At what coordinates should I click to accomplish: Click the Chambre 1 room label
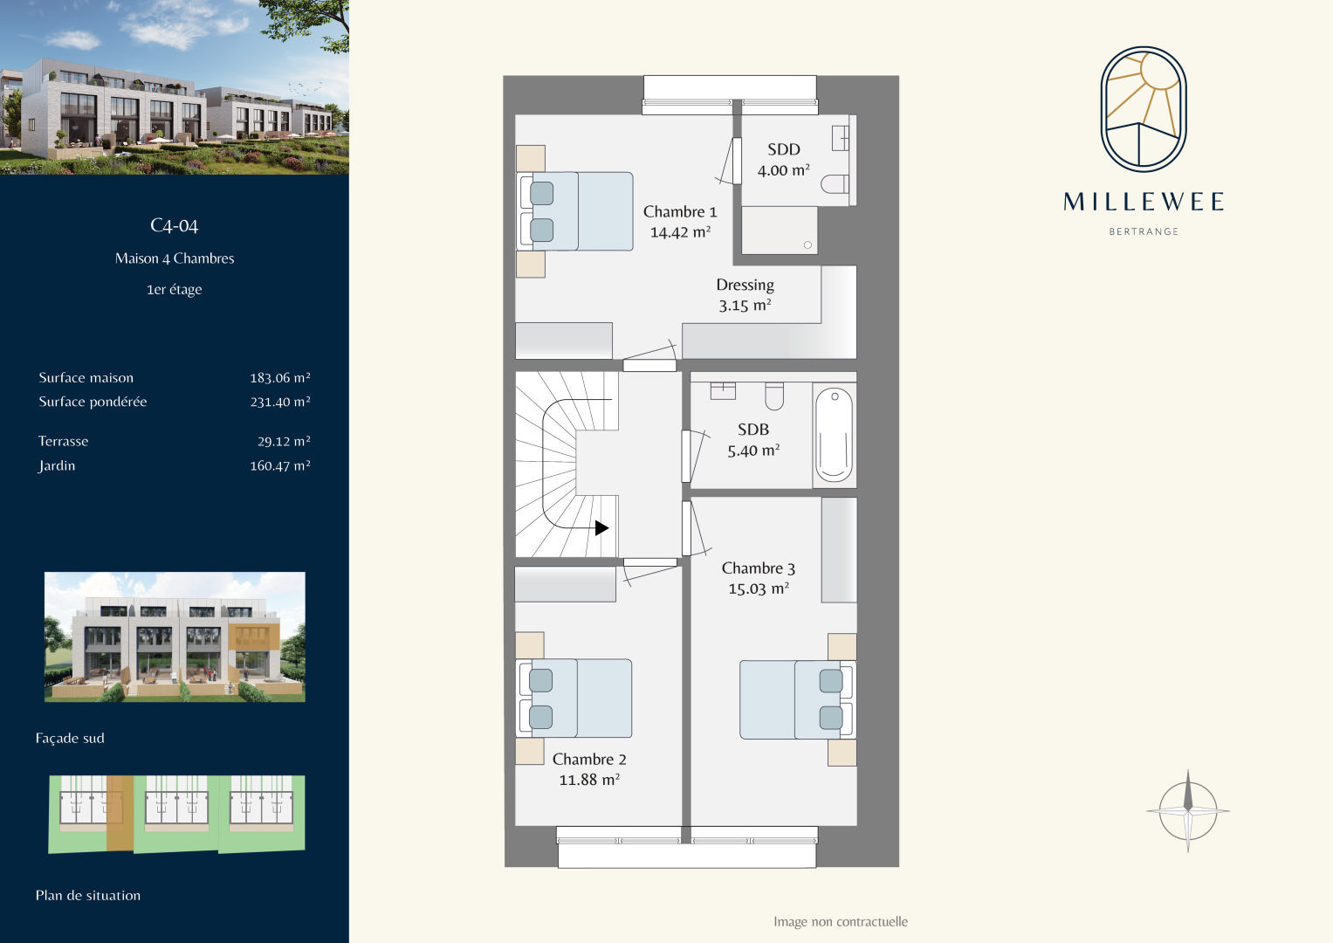(x=679, y=211)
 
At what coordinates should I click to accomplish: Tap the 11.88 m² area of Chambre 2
(x=589, y=779)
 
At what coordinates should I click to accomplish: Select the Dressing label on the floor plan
(x=745, y=286)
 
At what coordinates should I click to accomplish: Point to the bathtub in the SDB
(x=834, y=434)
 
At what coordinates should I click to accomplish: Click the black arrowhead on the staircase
(x=601, y=527)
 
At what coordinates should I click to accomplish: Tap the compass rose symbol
(x=1188, y=810)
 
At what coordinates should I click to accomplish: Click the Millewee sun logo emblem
(x=1144, y=109)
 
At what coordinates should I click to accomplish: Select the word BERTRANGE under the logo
(x=1144, y=231)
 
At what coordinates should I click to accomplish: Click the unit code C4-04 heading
(x=175, y=225)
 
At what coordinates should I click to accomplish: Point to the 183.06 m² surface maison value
(x=280, y=377)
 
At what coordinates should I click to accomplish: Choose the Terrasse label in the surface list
(x=63, y=441)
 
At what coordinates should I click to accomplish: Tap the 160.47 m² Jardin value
(x=280, y=465)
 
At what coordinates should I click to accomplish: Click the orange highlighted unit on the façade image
(x=254, y=637)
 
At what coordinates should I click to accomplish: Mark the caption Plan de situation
(x=88, y=895)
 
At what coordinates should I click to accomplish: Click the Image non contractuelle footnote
(x=841, y=921)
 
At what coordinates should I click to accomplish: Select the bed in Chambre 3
(x=797, y=699)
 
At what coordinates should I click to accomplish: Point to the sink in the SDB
(x=723, y=390)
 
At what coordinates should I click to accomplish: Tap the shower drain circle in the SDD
(x=807, y=244)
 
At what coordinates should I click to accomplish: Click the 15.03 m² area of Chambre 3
(x=759, y=589)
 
